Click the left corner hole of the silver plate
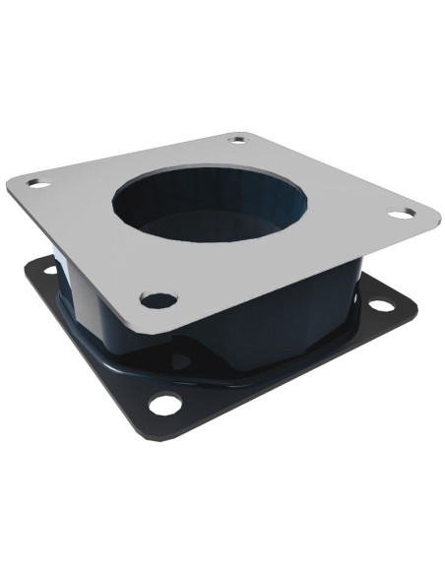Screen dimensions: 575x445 [36, 183]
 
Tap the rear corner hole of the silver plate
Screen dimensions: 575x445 [237, 139]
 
